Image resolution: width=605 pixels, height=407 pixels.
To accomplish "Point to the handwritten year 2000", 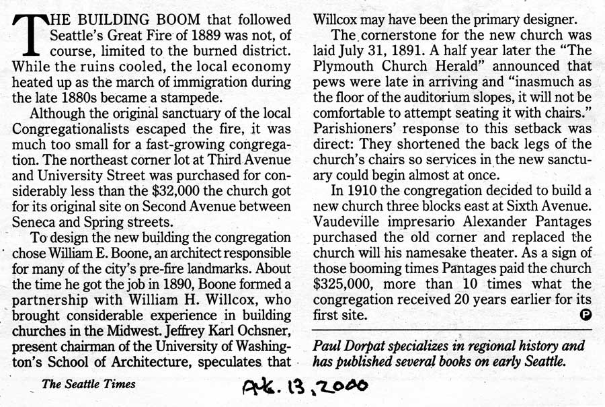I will click(x=340, y=385).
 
